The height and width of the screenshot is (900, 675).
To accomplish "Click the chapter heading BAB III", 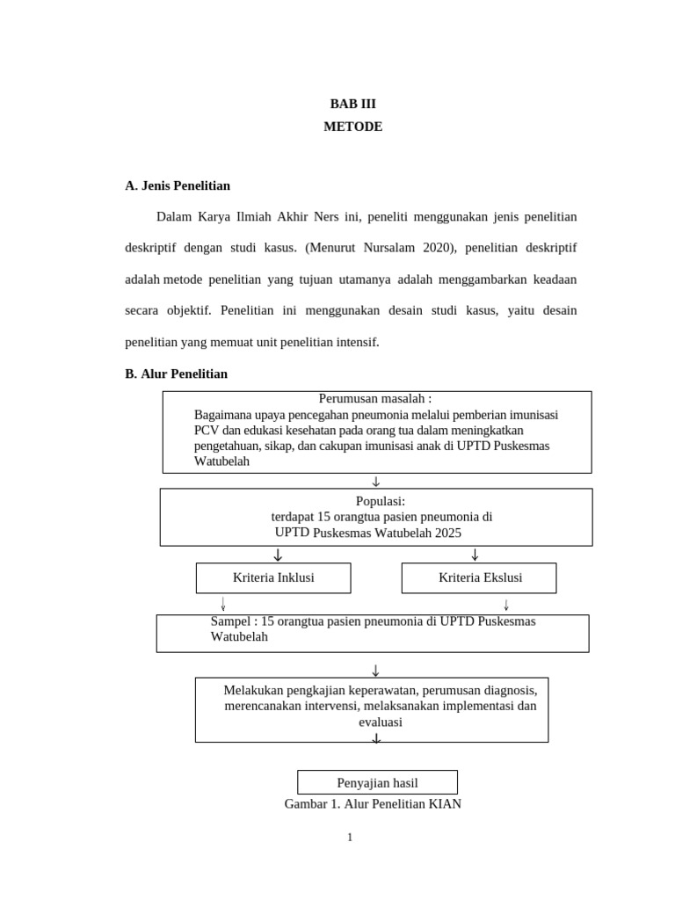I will pos(352,104).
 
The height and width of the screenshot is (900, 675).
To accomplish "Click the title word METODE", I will pos(352,127).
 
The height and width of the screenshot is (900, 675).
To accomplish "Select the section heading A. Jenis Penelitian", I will pos(178,185).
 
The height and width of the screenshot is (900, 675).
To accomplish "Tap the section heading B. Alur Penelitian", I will pos(176,374).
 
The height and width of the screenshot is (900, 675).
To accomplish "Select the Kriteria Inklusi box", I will pos(273,577).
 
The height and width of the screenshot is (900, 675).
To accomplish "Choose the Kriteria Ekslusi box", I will pos(480,577).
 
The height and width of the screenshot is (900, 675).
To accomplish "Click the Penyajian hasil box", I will pos(377,782).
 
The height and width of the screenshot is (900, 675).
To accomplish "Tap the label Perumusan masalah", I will pos(375,399).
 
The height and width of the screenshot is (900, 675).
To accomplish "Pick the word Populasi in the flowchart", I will pos(379,501).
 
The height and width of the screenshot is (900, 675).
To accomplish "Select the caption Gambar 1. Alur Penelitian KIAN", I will pos(373,803).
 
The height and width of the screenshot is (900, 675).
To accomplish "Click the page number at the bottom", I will pos(349,838).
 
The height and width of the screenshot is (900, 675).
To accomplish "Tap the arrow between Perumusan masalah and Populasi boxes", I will pos(375,481).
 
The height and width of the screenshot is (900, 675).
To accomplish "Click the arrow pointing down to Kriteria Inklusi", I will pos(278,555).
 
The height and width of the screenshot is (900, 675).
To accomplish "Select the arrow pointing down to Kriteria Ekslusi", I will pos(475,555).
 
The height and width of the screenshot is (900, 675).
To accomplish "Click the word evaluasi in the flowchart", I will pos(380,722).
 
